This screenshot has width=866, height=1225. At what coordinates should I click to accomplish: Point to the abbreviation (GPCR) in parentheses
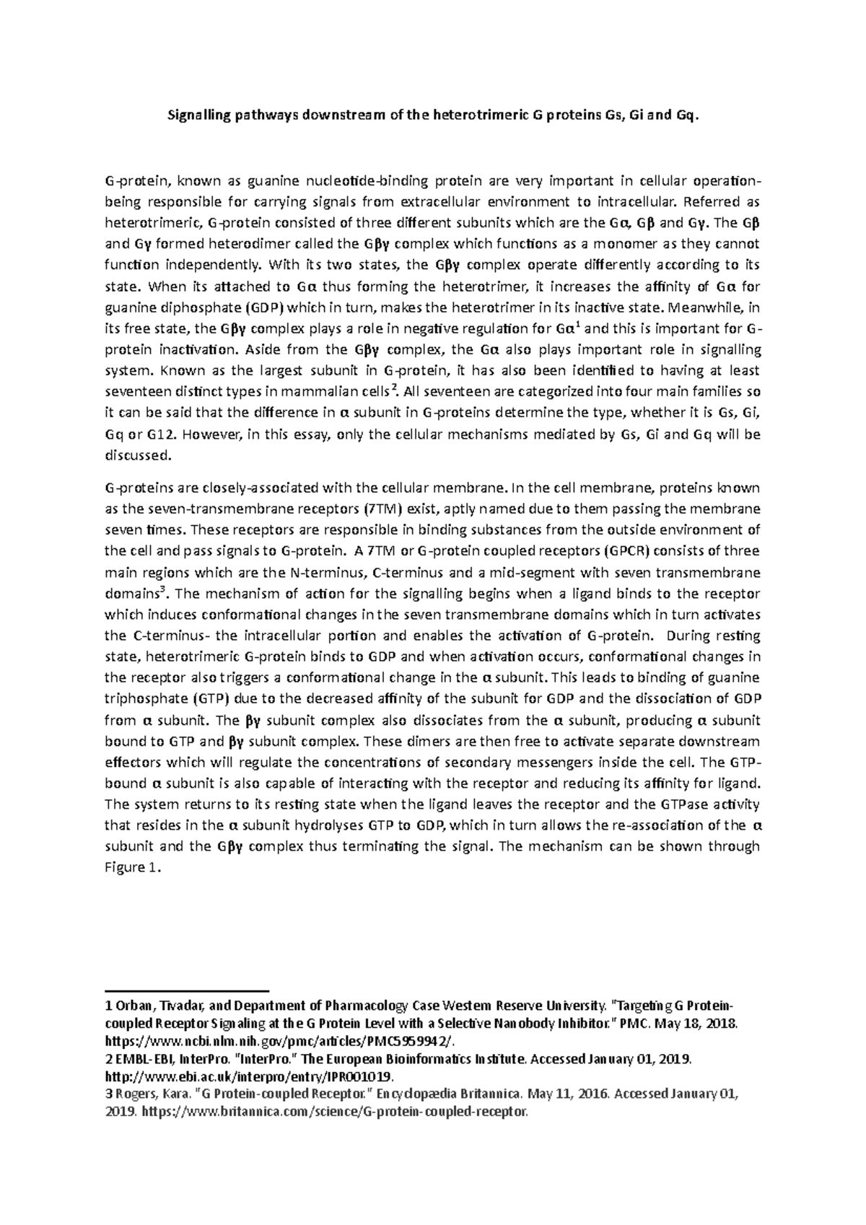click(x=625, y=551)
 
